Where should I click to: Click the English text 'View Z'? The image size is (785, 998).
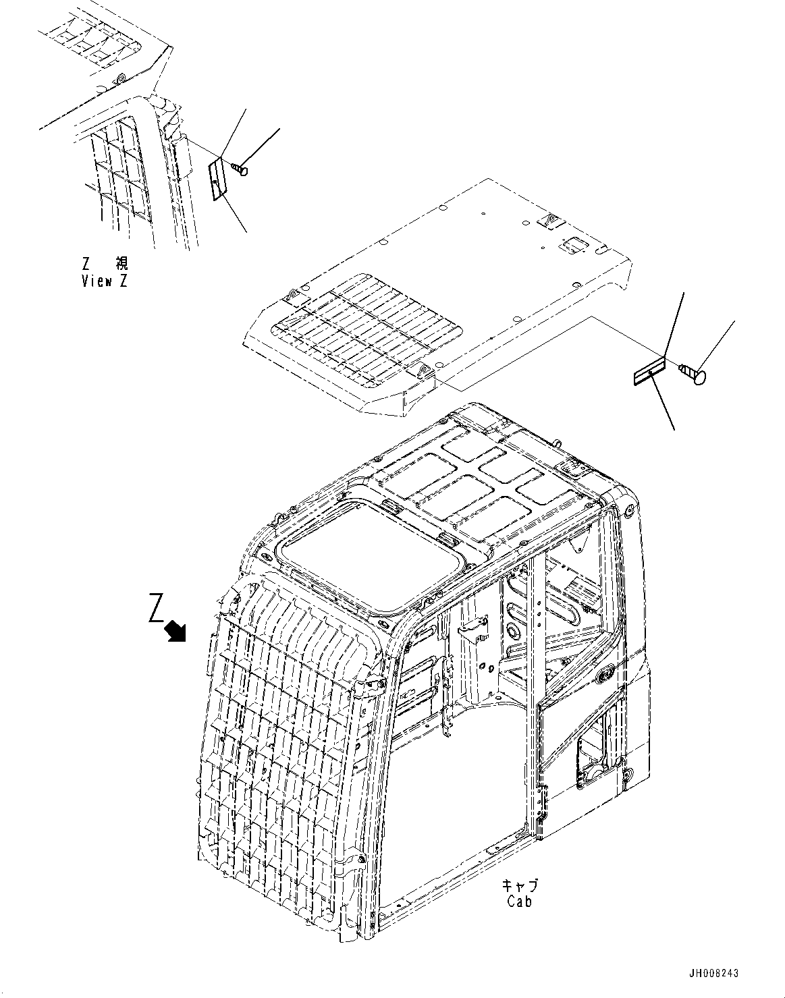[x=104, y=281]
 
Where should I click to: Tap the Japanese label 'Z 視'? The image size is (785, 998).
[x=104, y=263]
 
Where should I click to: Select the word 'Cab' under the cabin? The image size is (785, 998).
[x=519, y=901]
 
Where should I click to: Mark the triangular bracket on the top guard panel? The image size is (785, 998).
[x=547, y=221]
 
